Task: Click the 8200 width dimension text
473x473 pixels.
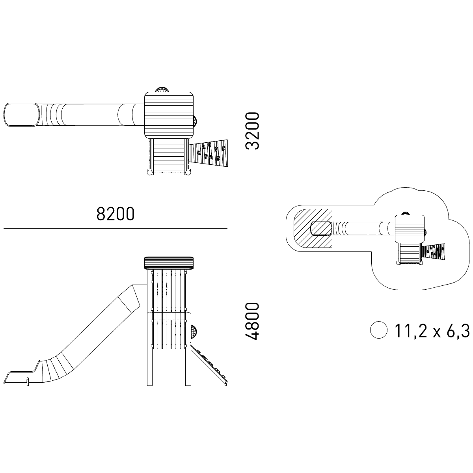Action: pos(115,214)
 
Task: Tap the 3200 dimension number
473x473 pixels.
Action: pos(252,131)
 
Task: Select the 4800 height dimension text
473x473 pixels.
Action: pos(252,321)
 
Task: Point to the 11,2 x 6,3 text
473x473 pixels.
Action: pos(432,331)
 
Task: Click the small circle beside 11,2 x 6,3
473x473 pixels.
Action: pos(379,330)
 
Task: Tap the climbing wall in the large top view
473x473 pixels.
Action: pos(208,153)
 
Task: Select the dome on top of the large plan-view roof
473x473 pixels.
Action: pos(161,89)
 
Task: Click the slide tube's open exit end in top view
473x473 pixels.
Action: pos(22,115)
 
